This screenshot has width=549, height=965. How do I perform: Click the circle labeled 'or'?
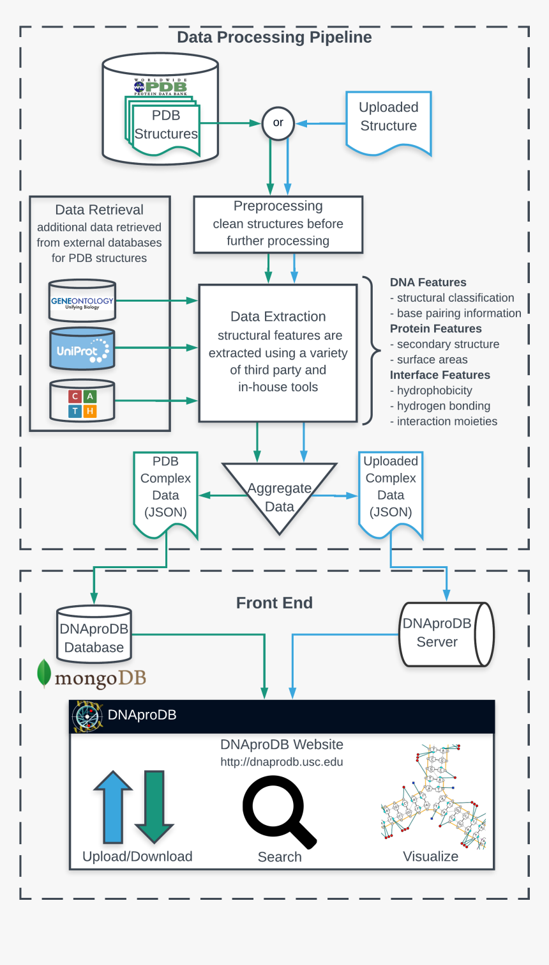[278, 123]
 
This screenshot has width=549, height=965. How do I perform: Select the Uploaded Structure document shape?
[388, 121]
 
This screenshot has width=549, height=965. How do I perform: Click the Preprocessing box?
[278, 224]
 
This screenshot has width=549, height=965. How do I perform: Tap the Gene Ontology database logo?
[82, 301]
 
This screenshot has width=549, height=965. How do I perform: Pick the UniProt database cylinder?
[82, 350]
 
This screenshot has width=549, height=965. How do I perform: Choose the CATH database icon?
[82, 402]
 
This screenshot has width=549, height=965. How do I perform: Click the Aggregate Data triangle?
[279, 492]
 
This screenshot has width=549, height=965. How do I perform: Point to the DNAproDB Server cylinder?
[445, 634]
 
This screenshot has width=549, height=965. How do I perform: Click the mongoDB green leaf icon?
[44, 674]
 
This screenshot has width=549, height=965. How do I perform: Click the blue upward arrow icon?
[113, 807]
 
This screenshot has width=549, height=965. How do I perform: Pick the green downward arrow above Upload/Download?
[154, 807]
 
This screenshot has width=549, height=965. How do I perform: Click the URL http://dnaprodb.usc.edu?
[282, 762]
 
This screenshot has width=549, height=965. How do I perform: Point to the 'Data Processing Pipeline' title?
[274, 37]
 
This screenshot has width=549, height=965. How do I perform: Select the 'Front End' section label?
[274, 603]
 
